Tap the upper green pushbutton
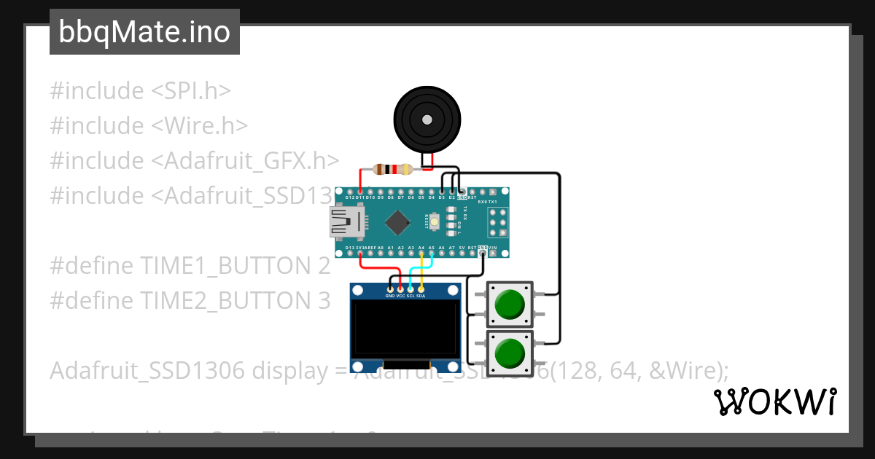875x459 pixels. click(x=509, y=305)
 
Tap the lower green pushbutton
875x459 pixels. click(x=509, y=354)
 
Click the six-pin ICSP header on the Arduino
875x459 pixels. click(x=498, y=221)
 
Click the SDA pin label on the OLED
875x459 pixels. click(x=421, y=297)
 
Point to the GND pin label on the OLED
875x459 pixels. click(x=390, y=297)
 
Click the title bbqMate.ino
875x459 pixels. click(x=144, y=32)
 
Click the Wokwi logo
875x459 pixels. click(x=774, y=401)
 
